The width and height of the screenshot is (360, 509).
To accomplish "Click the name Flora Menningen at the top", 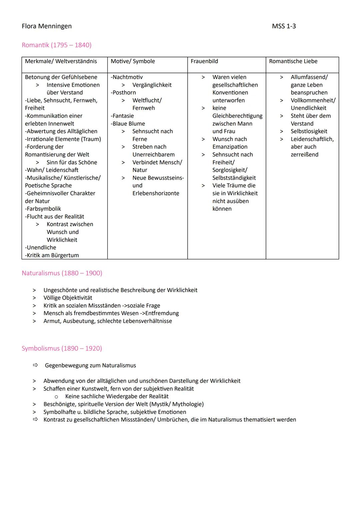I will [x=47, y=26].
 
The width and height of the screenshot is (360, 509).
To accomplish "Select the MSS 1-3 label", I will [x=284, y=26].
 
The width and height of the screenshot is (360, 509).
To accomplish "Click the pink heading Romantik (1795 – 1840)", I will [x=56, y=45].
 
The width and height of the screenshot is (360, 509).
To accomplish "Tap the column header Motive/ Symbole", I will [x=133, y=61].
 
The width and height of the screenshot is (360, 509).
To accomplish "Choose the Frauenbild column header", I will [x=204, y=61].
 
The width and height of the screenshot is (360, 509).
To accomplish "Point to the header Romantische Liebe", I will [x=293, y=61].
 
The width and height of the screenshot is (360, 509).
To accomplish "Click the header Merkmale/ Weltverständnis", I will [x=61, y=61].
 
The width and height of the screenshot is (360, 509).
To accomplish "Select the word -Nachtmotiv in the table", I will [x=127, y=77].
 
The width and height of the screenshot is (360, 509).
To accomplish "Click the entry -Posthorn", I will [x=123, y=93].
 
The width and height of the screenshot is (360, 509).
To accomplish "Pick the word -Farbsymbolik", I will [x=43, y=209].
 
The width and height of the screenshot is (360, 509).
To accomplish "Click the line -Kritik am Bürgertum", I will [x=52, y=255].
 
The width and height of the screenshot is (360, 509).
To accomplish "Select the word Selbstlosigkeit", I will [x=309, y=131].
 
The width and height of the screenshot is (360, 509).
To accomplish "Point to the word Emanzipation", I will [x=230, y=147].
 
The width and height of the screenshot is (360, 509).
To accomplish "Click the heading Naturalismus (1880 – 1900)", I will [x=62, y=273].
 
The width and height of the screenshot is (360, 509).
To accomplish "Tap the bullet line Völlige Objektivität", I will [x=68, y=298].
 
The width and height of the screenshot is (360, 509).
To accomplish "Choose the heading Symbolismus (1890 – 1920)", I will [x=62, y=348].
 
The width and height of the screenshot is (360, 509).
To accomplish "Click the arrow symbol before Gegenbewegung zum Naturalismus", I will [x=35, y=365].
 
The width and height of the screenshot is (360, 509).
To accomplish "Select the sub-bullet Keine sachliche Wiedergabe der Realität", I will [x=117, y=396].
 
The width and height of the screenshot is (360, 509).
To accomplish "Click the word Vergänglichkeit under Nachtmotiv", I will [x=152, y=85].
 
